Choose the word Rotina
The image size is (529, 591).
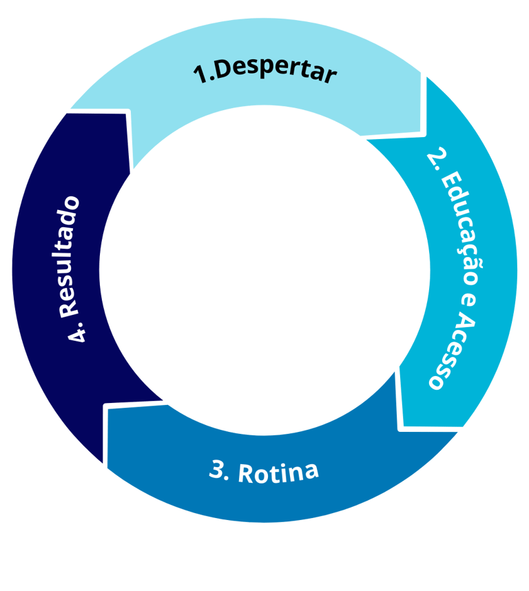(x=278, y=473)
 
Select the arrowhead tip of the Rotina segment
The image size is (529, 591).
(x=105, y=406)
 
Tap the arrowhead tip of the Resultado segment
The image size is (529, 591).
(x=127, y=110)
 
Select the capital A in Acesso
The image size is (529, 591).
(x=462, y=324)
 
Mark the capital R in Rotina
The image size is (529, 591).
(x=247, y=473)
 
